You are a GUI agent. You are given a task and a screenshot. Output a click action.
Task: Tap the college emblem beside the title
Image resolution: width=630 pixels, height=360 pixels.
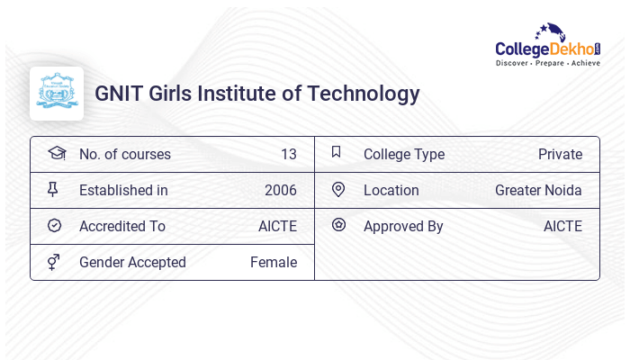tap(57, 94)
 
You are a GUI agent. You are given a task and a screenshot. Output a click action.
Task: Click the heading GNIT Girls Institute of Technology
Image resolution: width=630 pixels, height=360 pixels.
tap(257, 94)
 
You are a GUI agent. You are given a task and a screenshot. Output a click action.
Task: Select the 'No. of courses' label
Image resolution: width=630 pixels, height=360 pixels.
tap(124, 154)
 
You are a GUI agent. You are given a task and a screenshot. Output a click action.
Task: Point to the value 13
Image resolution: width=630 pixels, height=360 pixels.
tap(288, 154)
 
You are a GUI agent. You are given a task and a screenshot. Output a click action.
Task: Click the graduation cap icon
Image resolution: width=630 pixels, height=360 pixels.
tap(56, 153)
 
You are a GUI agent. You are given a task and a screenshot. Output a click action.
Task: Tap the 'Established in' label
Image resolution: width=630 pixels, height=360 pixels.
tap(123, 190)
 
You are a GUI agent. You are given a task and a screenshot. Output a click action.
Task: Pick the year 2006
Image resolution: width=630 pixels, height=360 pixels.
tap(280, 190)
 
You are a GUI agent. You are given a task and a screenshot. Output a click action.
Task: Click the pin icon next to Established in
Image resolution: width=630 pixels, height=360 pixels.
tap(53, 189)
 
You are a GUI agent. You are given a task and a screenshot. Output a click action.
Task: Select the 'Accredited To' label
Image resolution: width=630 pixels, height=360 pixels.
tap(121, 226)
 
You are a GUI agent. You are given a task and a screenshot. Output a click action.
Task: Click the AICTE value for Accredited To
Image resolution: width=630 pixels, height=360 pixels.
tap(277, 226)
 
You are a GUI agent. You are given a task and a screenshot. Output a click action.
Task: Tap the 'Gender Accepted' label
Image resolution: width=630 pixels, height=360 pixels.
tap(132, 262)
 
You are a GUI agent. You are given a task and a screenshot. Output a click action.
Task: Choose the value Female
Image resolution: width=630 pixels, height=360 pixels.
tap(274, 262)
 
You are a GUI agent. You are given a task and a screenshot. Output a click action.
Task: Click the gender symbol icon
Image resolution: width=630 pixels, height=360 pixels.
tap(53, 262)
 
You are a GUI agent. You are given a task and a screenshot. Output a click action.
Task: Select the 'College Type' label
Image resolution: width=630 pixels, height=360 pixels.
tap(403, 154)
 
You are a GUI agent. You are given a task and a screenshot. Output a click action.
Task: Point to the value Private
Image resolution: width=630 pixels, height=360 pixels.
tap(560, 154)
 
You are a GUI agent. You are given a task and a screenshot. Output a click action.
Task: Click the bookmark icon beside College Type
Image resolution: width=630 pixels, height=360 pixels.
tap(337, 152)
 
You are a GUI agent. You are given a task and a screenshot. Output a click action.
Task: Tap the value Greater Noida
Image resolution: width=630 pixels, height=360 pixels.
tap(538, 190)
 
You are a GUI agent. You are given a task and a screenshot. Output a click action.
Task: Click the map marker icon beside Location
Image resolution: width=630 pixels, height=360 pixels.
tap(338, 189)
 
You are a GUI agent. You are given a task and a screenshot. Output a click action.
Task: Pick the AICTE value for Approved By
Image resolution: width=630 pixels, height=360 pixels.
tap(562, 226)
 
